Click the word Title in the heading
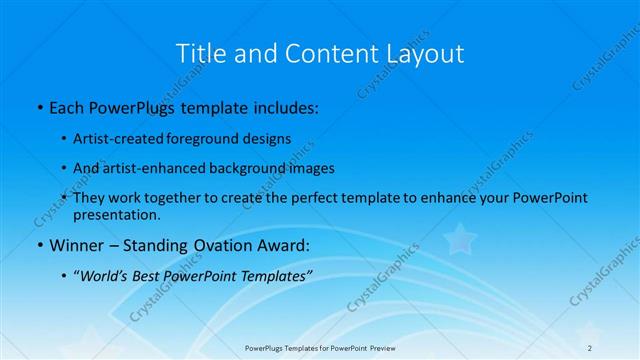click(198, 53)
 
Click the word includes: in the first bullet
click(284, 106)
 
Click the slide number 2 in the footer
click(591, 347)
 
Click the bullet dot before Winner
click(39, 245)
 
